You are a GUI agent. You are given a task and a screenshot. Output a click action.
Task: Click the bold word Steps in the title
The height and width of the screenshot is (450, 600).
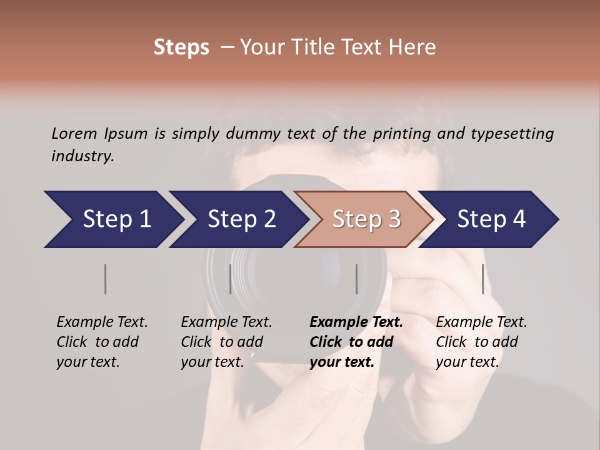click(x=181, y=47)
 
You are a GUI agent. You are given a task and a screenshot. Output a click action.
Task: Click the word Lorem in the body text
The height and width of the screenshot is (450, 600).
click(x=74, y=133)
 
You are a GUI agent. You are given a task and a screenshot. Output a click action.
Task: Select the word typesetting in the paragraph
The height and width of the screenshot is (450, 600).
click(x=512, y=133)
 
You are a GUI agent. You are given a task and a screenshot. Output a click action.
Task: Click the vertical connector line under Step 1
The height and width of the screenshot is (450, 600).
click(x=106, y=279)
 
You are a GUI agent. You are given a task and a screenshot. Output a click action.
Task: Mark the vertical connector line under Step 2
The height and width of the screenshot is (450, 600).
click(x=231, y=279)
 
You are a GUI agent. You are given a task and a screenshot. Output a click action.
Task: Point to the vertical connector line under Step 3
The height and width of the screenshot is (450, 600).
click(x=356, y=279)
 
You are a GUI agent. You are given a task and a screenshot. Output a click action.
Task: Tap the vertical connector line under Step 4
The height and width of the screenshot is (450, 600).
click(x=483, y=279)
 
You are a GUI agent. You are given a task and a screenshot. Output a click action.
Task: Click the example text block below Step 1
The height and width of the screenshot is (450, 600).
click(x=102, y=342)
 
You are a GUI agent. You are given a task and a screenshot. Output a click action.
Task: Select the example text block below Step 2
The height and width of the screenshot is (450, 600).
click(x=226, y=342)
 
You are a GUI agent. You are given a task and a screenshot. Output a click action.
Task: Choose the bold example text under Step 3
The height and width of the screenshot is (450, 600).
click(x=356, y=342)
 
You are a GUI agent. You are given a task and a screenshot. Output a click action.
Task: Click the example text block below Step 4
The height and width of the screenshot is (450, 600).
click(x=481, y=342)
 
